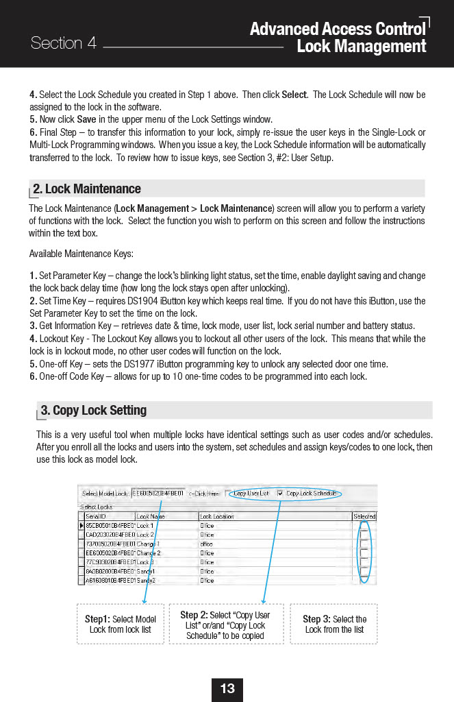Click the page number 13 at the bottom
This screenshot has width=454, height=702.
(227, 688)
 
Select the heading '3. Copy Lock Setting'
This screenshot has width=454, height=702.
(93, 410)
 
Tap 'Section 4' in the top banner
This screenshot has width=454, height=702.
(63, 43)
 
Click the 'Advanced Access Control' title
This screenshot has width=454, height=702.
(337, 29)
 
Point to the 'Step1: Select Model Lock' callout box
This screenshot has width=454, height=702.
(120, 624)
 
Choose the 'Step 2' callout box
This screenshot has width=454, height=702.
(225, 625)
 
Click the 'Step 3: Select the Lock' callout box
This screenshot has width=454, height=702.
(334, 624)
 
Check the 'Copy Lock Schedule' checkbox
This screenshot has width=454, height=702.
(281, 493)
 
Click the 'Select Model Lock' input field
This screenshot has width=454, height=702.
(157, 493)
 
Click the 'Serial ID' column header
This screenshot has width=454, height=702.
(96, 516)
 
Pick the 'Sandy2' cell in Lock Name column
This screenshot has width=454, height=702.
(147, 580)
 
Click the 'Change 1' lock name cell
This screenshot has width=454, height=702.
(149, 544)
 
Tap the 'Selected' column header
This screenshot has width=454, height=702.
(364, 516)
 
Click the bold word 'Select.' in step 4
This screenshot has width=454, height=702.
(294, 95)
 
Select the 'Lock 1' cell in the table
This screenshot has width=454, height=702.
(144, 525)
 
